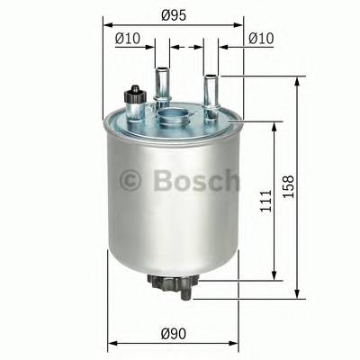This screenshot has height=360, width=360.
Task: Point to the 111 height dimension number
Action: coord(258,200)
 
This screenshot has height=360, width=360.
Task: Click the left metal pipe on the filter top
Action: coord(163,78)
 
